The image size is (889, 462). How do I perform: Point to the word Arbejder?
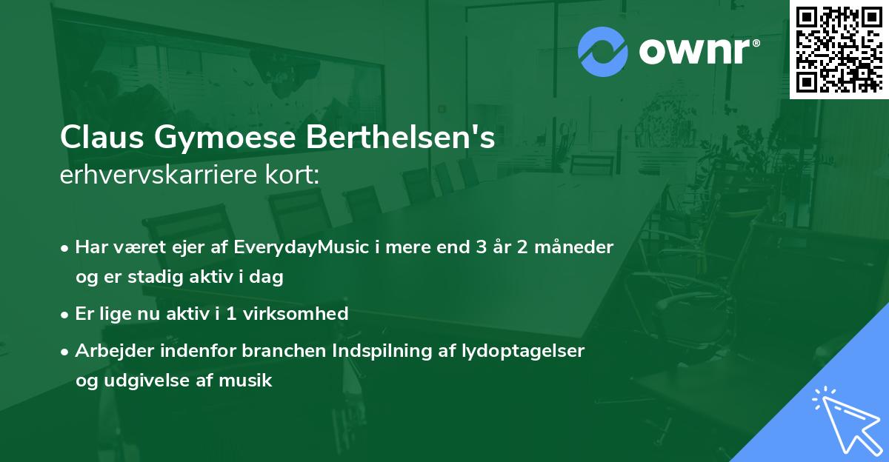pyautogui.click(x=111, y=351)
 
